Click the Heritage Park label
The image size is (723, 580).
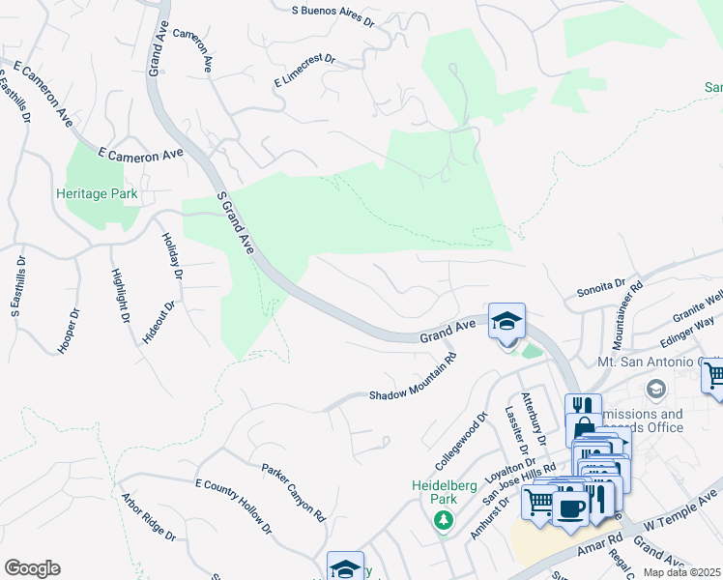coord(97,194)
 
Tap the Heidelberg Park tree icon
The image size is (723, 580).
coord(444,522)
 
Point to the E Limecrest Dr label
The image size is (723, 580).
coord(304,72)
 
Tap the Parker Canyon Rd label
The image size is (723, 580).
coord(294,490)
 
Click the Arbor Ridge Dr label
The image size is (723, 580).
coord(148,517)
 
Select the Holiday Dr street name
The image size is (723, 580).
coord(172,256)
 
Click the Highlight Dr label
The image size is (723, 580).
coord(120,296)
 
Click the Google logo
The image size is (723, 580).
coord(32,568)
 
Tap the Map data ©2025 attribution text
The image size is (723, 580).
coord(681,572)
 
